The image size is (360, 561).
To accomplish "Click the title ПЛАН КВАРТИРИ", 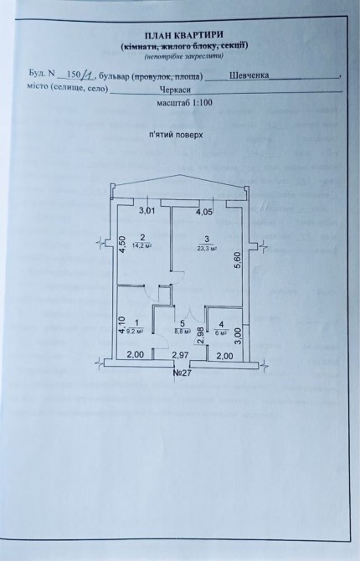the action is (184, 35).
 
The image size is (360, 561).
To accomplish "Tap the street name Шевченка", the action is (249, 75).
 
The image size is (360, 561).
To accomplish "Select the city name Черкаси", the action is (175, 90).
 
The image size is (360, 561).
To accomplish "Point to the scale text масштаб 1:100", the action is (185, 103).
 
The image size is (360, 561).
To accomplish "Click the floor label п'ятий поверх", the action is (177, 136).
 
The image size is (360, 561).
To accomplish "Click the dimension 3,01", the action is (147, 211).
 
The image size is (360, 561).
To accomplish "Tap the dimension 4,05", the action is (204, 212).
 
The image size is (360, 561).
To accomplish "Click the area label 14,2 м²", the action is (141, 245).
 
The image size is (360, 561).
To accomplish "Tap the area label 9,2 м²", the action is (136, 332).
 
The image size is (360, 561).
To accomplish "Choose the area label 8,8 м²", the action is (182, 332).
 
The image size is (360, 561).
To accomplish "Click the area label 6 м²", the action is (221, 332).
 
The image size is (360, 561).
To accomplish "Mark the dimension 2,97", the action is (180, 355).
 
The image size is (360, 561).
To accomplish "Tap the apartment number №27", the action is (183, 373).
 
